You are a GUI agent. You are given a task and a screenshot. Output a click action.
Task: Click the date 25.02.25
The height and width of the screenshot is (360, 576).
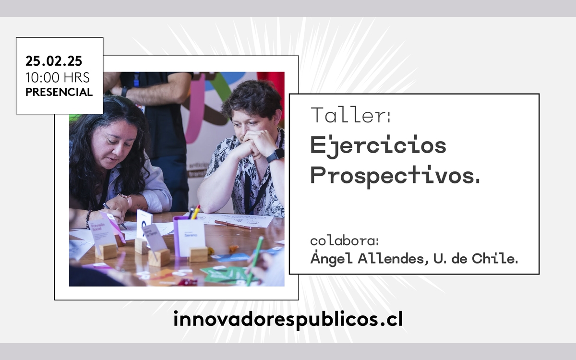pyautogui.click(x=54, y=61)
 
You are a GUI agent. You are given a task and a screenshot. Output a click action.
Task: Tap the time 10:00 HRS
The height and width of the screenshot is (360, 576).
pyautogui.click(x=58, y=77)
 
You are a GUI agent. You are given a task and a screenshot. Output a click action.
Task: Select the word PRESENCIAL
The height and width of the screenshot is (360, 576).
pyautogui.click(x=59, y=92)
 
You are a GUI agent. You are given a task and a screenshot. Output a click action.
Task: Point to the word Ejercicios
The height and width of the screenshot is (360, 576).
pyautogui.click(x=378, y=145)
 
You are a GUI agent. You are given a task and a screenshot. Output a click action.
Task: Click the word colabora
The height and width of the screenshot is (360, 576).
pyautogui.click(x=344, y=241)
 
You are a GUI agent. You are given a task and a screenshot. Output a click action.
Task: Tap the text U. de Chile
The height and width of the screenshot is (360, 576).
pyautogui.click(x=476, y=258)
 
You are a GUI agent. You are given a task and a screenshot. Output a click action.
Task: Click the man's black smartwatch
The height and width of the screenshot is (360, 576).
pyautogui.click(x=276, y=156)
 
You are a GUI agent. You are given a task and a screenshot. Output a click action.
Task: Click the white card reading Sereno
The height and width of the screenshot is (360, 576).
pyautogui.click(x=192, y=237)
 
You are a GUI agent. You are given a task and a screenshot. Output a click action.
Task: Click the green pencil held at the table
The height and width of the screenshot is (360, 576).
pyautogui.click(x=254, y=260)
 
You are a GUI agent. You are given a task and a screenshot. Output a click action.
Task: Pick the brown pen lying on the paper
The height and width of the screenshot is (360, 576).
pyautogui.click(x=233, y=225)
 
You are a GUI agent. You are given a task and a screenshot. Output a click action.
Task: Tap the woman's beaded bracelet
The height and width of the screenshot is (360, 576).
pyautogui.click(x=89, y=219)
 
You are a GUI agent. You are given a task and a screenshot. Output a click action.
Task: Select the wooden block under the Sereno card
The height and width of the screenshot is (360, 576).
pyautogui.click(x=198, y=254)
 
